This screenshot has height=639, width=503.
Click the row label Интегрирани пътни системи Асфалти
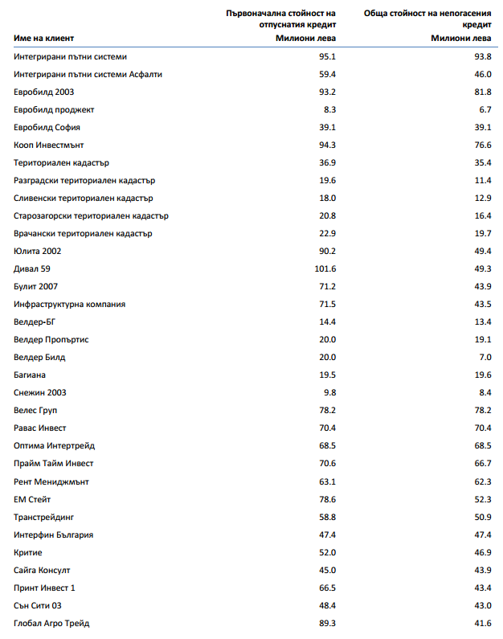(88, 75)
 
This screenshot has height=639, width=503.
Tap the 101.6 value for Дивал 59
(325, 269)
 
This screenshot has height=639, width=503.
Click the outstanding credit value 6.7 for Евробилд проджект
(484, 110)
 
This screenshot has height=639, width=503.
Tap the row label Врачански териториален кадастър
(83, 234)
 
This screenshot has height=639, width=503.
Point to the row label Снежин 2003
(40, 393)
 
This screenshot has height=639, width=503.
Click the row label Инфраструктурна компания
(70, 305)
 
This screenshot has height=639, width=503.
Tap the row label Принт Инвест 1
(45, 588)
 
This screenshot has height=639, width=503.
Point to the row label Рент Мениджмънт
(51, 481)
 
